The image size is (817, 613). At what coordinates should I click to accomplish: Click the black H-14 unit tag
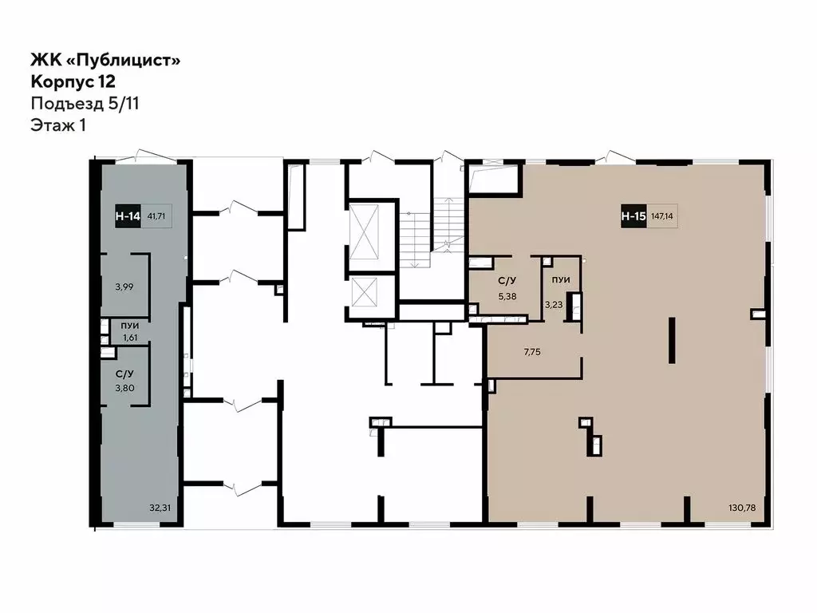[x=126, y=215]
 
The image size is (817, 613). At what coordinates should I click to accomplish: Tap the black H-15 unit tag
[x=633, y=215]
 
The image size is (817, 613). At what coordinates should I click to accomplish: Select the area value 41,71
[x=156, y=215]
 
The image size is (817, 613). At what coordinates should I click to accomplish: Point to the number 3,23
[x=554, y=304]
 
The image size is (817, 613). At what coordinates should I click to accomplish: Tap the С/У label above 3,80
[x=124, y=374]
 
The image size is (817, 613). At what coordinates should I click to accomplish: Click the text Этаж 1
[x=58, y=125]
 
